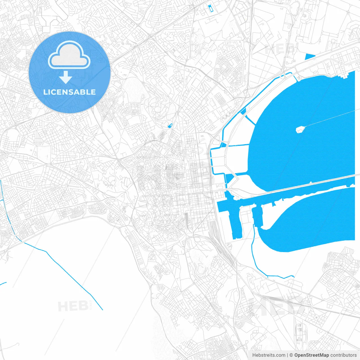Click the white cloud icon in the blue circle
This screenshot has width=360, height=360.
[x=69, y=55]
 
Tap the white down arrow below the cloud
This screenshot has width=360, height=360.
[x=66, y=77]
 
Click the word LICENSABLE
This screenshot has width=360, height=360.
[x=69, y=92]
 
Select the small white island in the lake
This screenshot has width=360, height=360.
[x=300, y=129]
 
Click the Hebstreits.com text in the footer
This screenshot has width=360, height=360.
[x=269, y=355]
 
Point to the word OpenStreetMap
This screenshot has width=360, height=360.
[x=311, y=355]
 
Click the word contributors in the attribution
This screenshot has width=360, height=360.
[x=343, y=355]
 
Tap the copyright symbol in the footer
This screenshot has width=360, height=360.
[x=291, y=355]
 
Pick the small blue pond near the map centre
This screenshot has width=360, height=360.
[x=170, y=126]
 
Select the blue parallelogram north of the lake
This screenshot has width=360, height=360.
[x=310, y=57]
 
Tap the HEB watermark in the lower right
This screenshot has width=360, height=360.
[x=277, y=307]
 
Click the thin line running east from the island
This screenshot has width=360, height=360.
[x=329, y=118]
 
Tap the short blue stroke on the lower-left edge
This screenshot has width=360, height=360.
[x=3, y=283]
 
